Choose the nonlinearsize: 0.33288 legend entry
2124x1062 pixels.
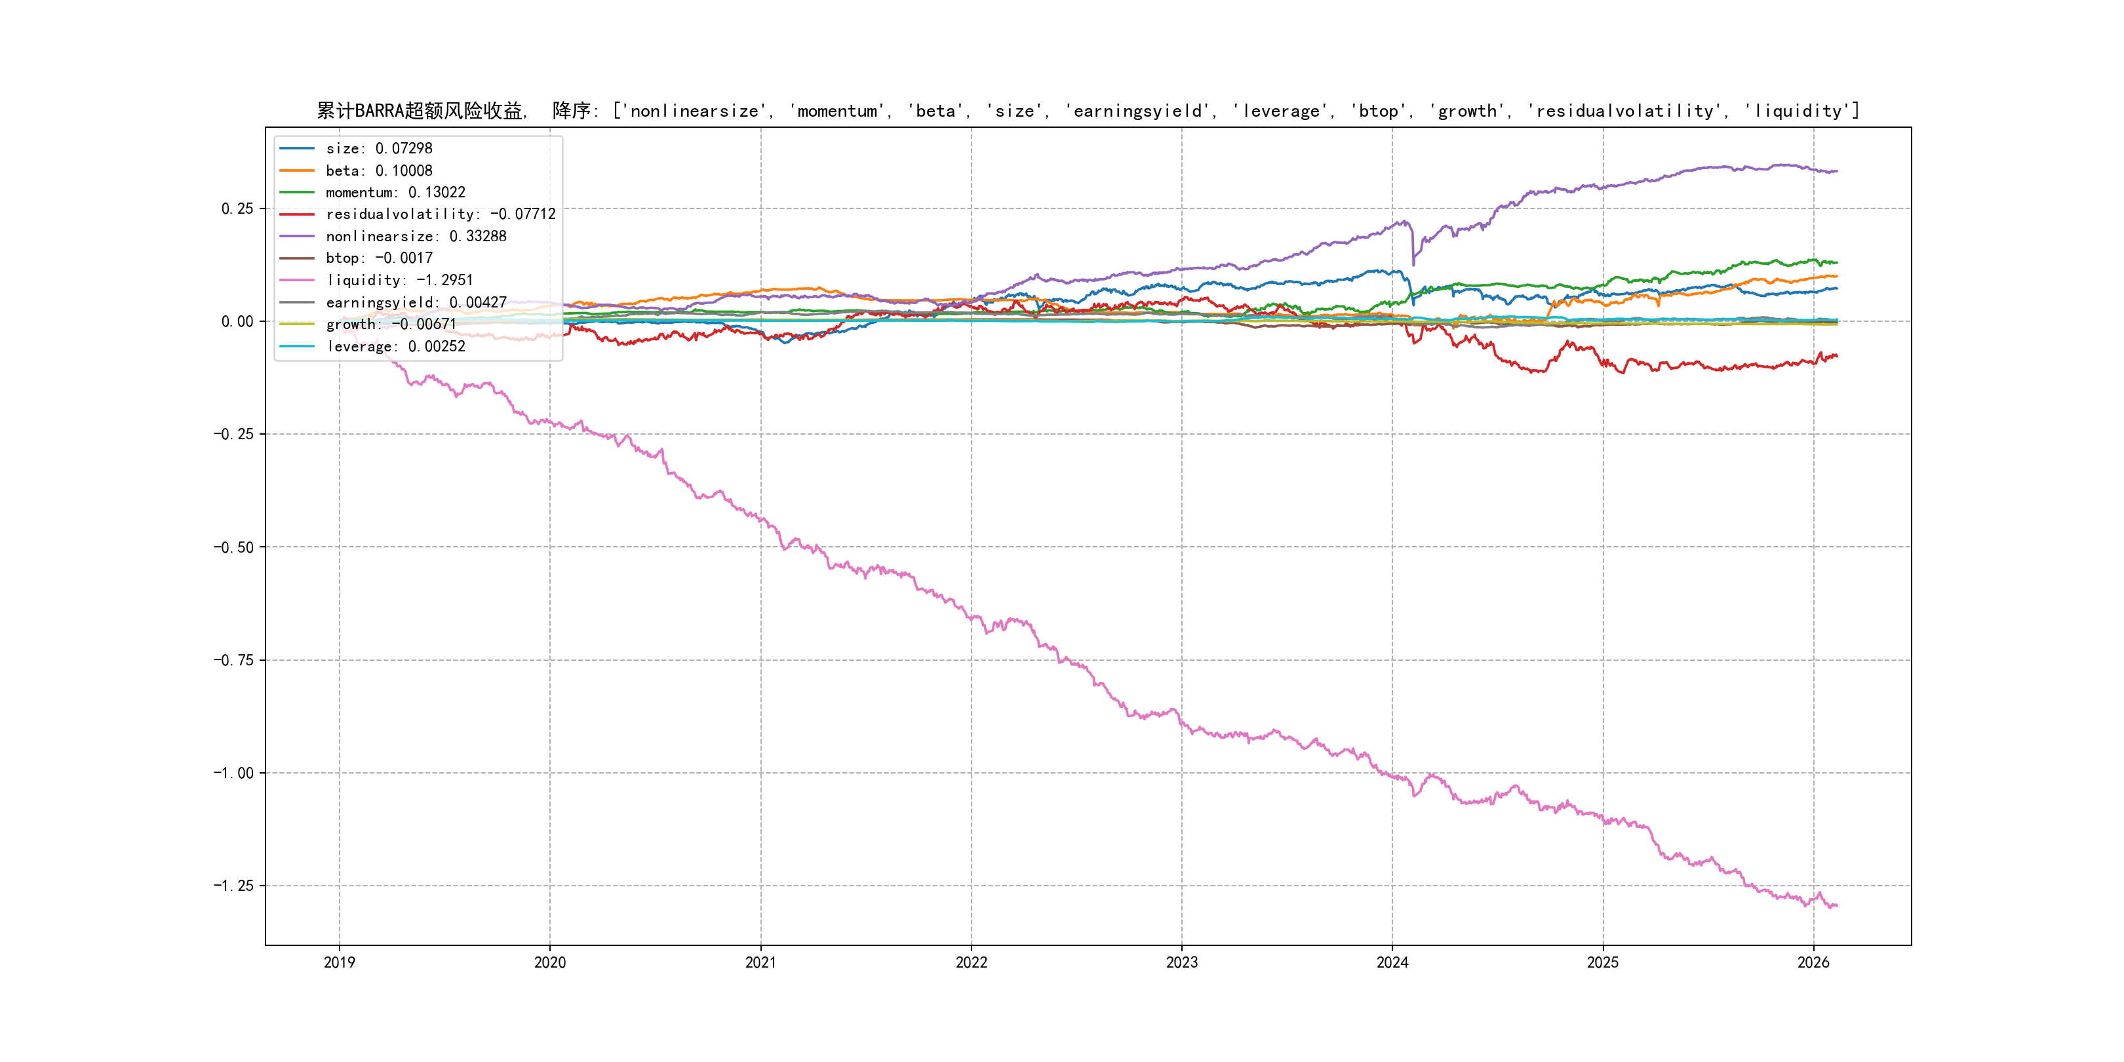[x=416, y=237]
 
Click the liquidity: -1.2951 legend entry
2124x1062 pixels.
[x=399, y=281]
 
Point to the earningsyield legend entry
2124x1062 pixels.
[x=416, y=303]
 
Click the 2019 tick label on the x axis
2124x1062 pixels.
[x=339, y=962]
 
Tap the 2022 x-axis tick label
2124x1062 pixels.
[x=972, y=962]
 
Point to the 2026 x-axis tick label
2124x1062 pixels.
[x=1813, y=962]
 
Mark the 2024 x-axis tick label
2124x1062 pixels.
[x=1392, y=962]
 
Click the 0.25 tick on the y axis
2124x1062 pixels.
[x=237, y=208]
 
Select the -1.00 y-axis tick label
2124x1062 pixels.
[x=233, y=774]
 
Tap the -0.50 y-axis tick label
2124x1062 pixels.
[x=233, y=547]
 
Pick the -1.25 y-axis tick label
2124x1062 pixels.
[x=233, y=886]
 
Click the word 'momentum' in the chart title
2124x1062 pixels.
[x=837, y=111]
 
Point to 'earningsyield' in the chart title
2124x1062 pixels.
[x=1138, y=111]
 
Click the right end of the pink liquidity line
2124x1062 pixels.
[x=1836, y=906]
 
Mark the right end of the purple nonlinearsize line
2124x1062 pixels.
[x=1836, y=172]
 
